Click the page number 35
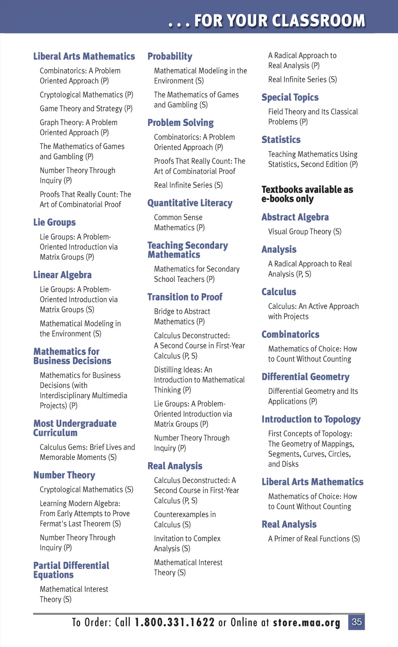click(x=356, y=622)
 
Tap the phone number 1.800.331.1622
click(x=175, y=623)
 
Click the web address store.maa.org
click(x=306, y=623)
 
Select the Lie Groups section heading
click(x=54, y=222)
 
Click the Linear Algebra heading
click(x=62, y=275)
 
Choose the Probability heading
click(x=170, y=56)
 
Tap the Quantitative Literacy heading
click(x=190, y=203)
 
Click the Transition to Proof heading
click(x=185, y=297)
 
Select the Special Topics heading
click(x=290, y=97)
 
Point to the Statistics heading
click(x=281, y=140)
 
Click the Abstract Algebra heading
click(x=295, y=217)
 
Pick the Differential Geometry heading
click(x=305, y=377)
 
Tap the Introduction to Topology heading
click(x=311, y=419)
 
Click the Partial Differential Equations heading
click(x=71, y=570)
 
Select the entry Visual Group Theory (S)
click(x=305, y=232)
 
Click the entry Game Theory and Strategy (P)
click(x=86, y=108)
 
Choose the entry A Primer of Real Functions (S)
click(x=314, y=539)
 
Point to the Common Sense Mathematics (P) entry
click(x=179, y=222)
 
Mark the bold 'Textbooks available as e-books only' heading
click(x=307, y=194)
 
